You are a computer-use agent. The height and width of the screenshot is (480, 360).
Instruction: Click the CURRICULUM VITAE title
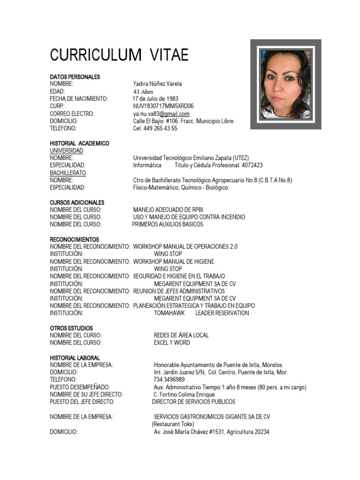119,55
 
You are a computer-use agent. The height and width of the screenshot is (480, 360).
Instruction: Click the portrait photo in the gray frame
285,84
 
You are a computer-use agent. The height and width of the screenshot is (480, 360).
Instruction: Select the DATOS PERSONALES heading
75,76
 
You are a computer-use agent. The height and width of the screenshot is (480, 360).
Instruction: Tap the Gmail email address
161,114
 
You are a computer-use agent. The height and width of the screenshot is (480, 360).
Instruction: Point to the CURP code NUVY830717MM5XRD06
163,106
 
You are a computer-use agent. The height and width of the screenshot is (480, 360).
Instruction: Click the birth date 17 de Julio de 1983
155,99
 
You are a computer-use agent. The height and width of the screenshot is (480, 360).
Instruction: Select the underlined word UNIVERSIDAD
67,151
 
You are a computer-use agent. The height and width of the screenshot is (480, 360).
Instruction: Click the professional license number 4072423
252,165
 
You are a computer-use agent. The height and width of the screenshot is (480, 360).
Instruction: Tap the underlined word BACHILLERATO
68,173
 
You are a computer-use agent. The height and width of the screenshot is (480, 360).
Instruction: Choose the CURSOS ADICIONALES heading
77,202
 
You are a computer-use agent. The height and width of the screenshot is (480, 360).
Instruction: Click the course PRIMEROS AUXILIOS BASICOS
167,225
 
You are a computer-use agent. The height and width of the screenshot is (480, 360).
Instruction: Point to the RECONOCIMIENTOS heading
75,239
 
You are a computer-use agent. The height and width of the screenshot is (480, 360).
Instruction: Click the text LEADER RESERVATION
222,313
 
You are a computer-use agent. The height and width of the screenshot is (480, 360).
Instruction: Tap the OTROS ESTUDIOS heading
71,328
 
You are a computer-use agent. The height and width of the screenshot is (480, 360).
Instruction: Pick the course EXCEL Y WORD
172,343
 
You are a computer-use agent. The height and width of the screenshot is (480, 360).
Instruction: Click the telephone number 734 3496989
169,380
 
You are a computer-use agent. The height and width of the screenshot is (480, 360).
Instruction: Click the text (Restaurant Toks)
173,424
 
